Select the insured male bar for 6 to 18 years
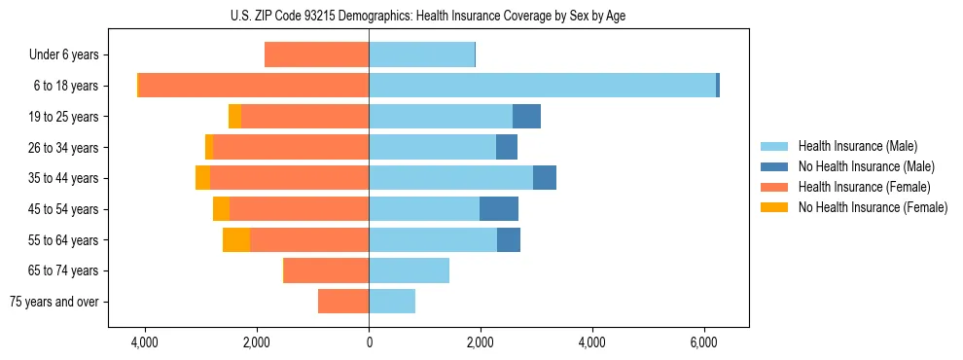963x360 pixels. coord(542,86)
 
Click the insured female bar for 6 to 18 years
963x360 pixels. coord(254,86)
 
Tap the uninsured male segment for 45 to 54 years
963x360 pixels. coord(499,209)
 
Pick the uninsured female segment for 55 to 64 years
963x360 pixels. coord(236,240)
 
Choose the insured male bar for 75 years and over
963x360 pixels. coord(392,302)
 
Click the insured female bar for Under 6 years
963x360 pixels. coord(316,55)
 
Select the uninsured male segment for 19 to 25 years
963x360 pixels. coord(526,117)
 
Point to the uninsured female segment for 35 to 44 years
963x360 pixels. coord(202,178)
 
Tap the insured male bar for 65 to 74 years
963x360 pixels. coord(409,270)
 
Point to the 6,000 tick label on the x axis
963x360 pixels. coord(704,342)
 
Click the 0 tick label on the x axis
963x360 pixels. coord(369,342)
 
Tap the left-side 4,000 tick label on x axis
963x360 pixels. coord(144,342)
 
